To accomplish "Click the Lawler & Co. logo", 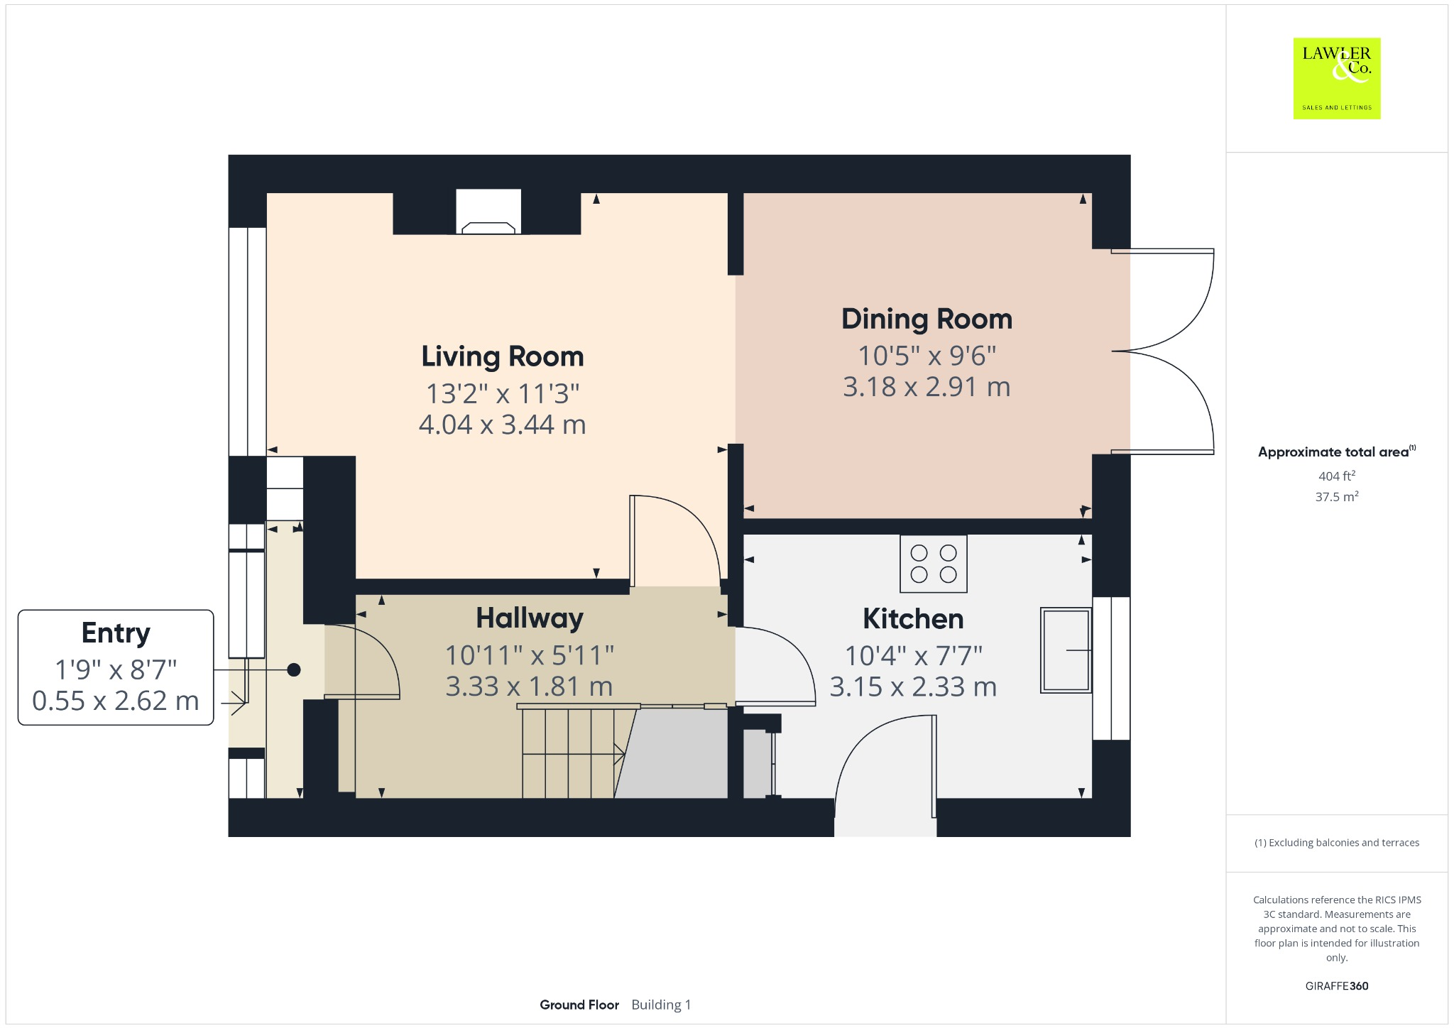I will click(1336, 78).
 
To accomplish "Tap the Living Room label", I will click(502, 356).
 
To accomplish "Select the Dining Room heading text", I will click(926, 319).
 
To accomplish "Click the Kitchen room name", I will click(913, 619).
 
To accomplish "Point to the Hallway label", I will click(530, 618).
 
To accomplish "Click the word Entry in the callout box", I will click(116, 633).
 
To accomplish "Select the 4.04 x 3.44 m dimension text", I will click(502, 425).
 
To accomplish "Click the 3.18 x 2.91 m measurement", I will click(926, 387).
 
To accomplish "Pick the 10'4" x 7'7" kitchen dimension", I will click(913, 656).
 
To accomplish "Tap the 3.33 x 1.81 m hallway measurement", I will click(529, 687).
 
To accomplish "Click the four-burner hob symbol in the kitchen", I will click(933, 564).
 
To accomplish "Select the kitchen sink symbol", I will click(1065, 650).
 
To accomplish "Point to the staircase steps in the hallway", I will click(568, 753).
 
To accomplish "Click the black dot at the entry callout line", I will click(294, 669).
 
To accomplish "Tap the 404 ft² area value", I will click(1336, 476).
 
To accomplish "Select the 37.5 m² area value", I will click(1336, 497).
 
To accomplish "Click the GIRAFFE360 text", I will click(1336, 985).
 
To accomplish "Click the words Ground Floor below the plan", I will click(579, 1005).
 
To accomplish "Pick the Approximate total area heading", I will click(1333, 452).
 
